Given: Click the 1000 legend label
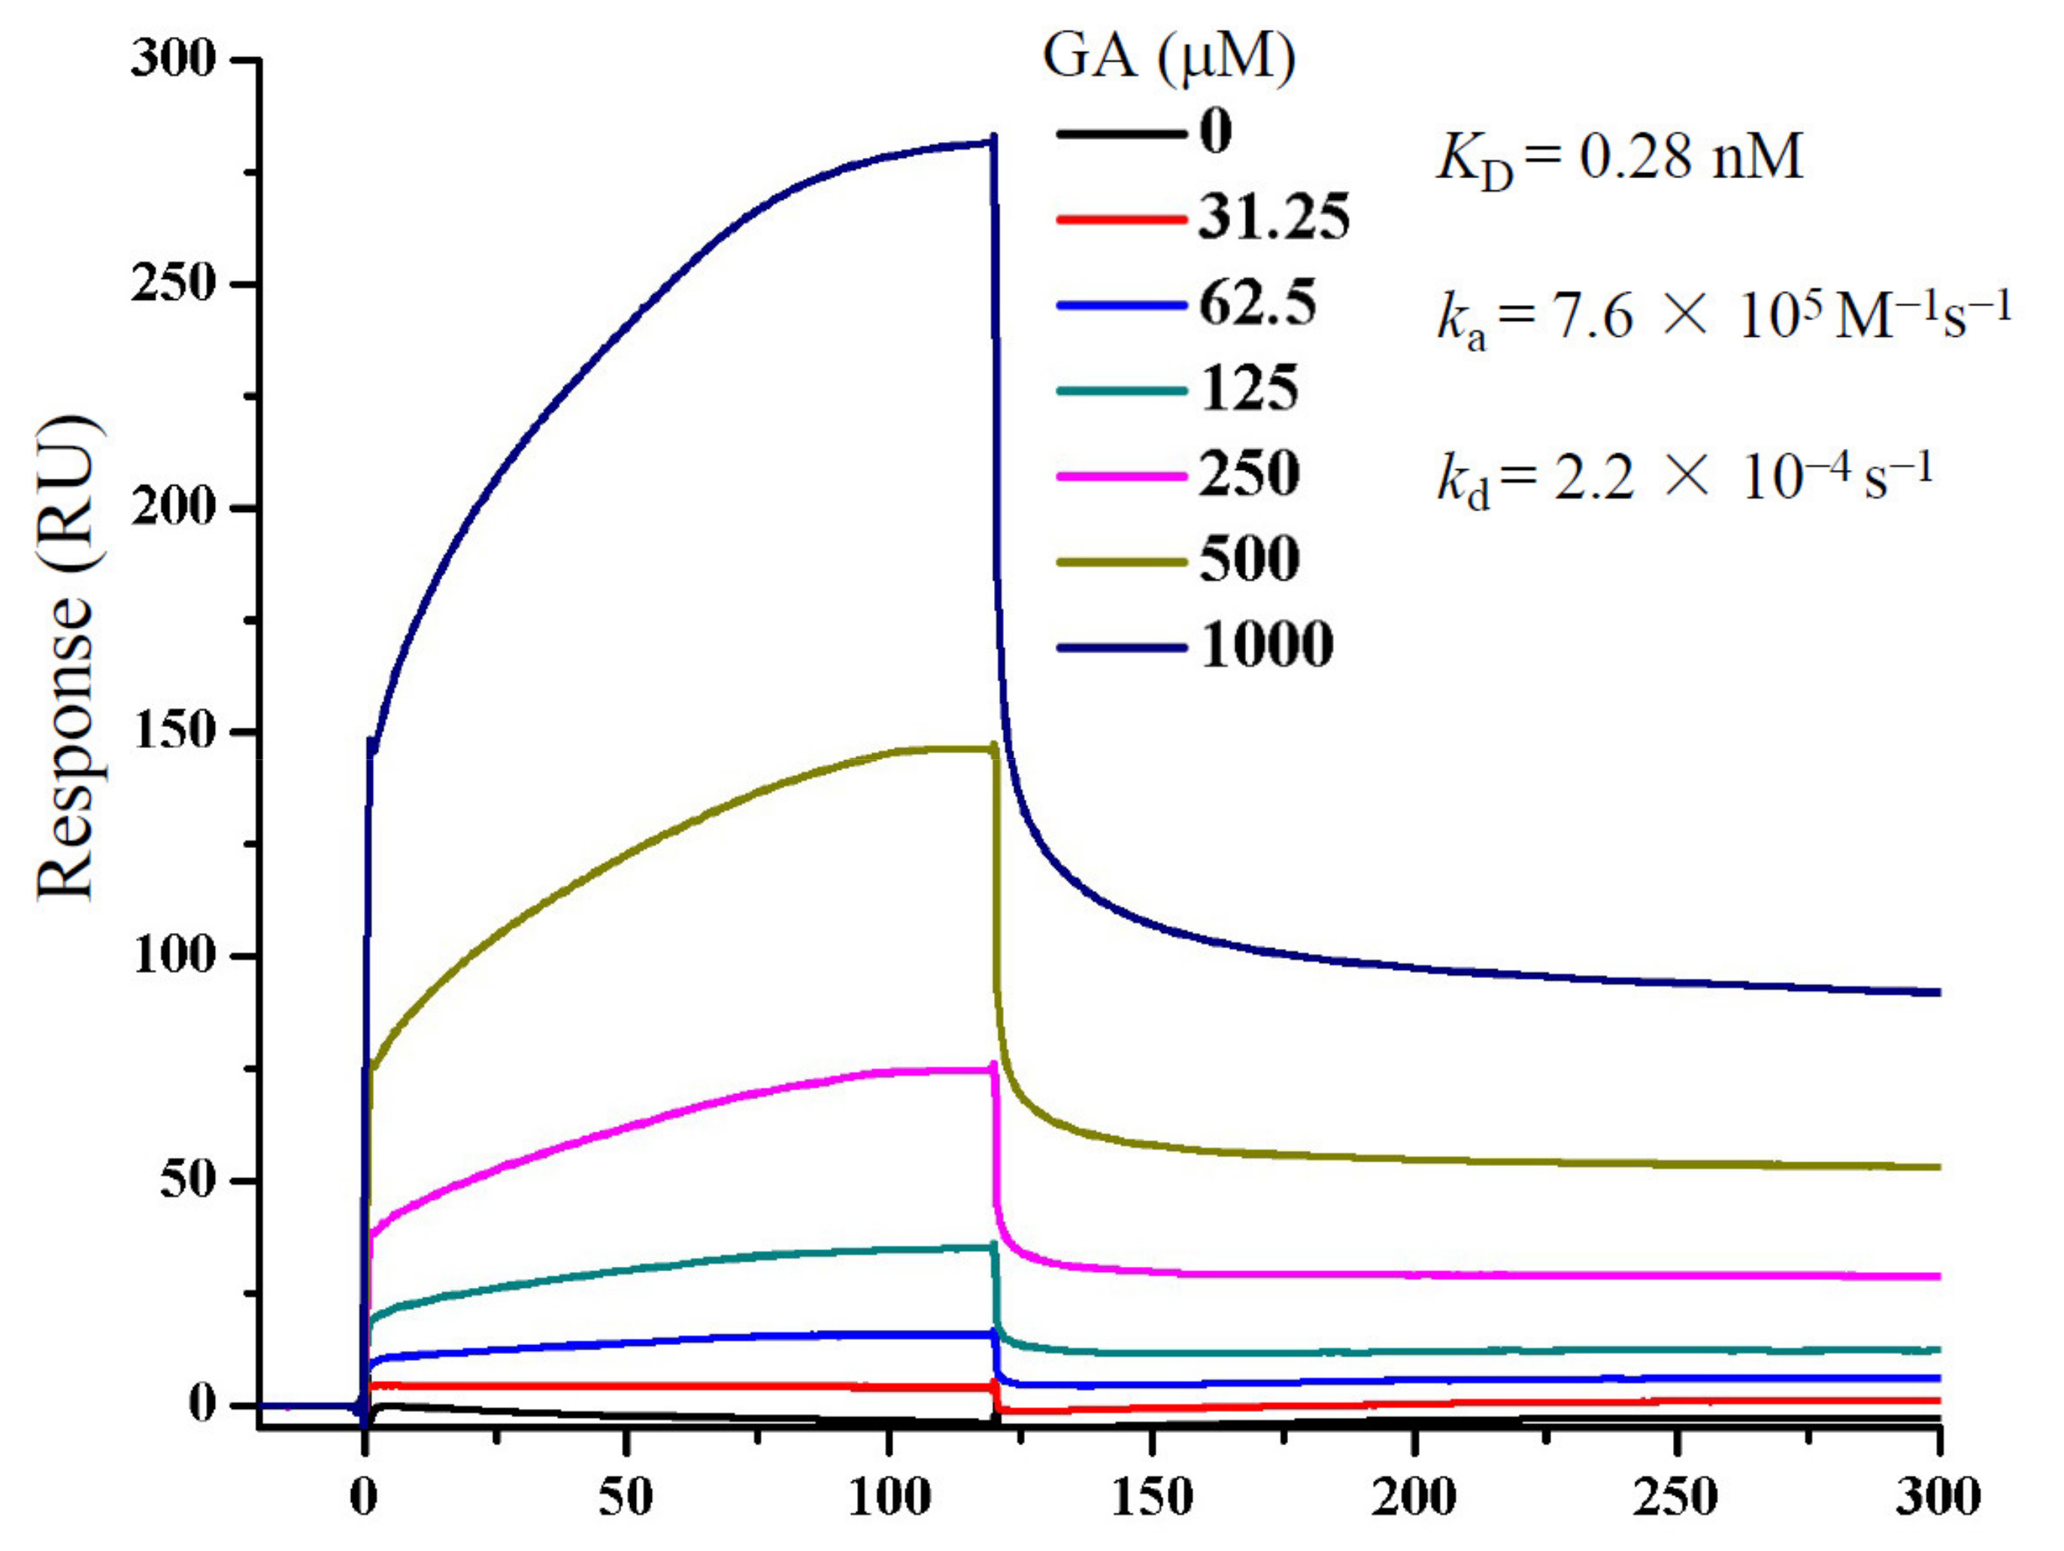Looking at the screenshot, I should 1265,645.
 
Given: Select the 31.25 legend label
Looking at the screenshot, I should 1274,218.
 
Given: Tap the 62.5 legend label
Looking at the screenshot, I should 1257,303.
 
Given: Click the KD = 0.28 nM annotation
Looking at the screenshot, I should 1619,159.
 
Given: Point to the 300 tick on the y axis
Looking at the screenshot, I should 174,59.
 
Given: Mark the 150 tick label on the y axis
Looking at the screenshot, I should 174,732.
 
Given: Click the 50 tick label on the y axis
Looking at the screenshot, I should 186,1180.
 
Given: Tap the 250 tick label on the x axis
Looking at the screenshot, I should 1677,1498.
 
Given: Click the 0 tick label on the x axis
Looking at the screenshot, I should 364,1498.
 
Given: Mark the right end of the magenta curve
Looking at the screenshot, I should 1937,1277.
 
